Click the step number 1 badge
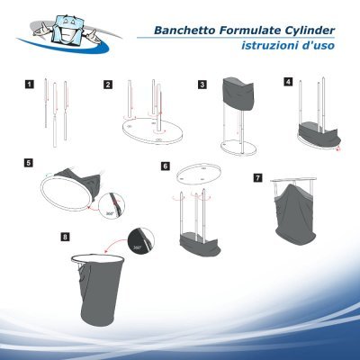(x=30, y=85)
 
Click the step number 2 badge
(x=108, y=85)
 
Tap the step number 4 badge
(x=287, y=81)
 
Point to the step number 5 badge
(x=30, y=163)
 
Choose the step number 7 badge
(x=258, y=176)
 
